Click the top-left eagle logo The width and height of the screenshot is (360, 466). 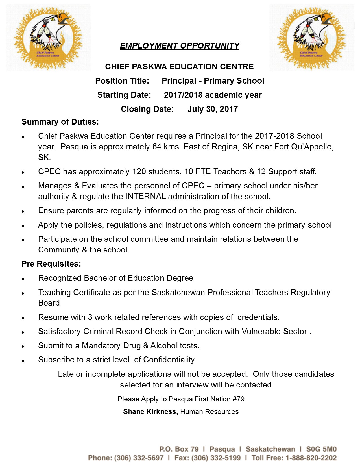pyautogui.click(x=48, y=38)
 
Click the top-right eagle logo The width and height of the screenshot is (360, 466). pyautogui.click(x=311, y=38)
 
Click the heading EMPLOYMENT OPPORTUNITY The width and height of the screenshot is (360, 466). pyautogui.click(x=180, y=46)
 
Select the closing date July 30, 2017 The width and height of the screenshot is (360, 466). pyautogui.click(x=212, y=109)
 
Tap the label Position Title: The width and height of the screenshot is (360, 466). pyautogui.click(x=122, y=81)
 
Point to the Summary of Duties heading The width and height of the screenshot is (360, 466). pyautogui.click(x=60, y=122)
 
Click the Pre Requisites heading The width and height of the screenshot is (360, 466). pyautogui.click(x=51, y=264)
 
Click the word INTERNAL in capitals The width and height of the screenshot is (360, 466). pyautogui.click(x=145, y=196)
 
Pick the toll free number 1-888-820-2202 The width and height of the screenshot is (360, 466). pyautogui.click(x=311, y=458)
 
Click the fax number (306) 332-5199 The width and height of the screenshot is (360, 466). pyautogui.click(x=216, y=458)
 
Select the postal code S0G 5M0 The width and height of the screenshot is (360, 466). pyautogui.click(x=321, y=449)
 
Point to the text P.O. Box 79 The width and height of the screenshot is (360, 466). pyautogui.click(x=179, y=449)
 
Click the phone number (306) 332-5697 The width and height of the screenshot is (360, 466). pyautogui.click(x=139, y=458)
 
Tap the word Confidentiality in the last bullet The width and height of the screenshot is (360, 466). pyautogui.click(x=169, y=360)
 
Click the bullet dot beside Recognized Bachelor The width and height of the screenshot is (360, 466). pyautogui.click(x=24, y=279)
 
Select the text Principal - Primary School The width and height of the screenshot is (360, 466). pyautogui.click(x=213, y=81)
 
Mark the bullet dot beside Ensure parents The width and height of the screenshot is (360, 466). pyautogui.click(x=24, y=211)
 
